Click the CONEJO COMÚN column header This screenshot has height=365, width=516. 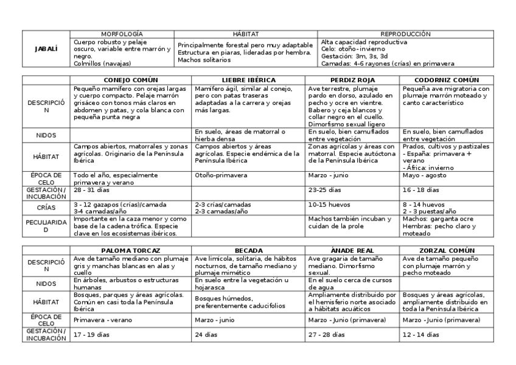131,80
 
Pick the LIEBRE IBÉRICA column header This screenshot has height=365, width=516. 249,80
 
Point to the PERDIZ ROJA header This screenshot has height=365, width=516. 352,80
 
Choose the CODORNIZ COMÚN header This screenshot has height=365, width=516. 446,80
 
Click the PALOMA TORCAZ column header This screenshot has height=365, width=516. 131,250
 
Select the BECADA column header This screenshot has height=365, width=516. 249,250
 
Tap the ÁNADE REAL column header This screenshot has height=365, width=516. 352,250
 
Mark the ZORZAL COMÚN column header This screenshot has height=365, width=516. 446,250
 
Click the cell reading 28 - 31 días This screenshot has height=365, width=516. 91,190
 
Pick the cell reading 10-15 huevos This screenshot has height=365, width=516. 326,205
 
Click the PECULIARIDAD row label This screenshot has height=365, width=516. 46,226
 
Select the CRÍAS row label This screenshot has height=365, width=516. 46,208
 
